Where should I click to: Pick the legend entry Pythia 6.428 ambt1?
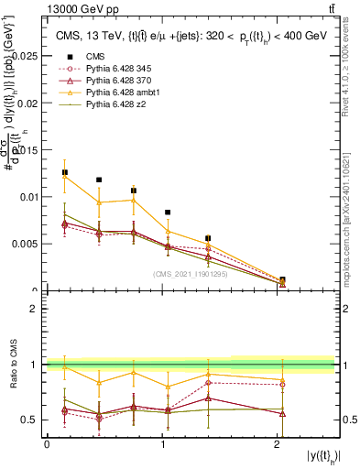point(123,93)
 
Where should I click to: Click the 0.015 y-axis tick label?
point(27,150)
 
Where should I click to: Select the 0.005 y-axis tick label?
point(27,245)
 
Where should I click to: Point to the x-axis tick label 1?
point(162,443)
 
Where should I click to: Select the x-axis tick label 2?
point(278,443)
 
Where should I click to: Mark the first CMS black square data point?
point(64,172)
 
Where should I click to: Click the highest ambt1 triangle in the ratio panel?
point(64,365)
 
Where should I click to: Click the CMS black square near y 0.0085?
point(168,213)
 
